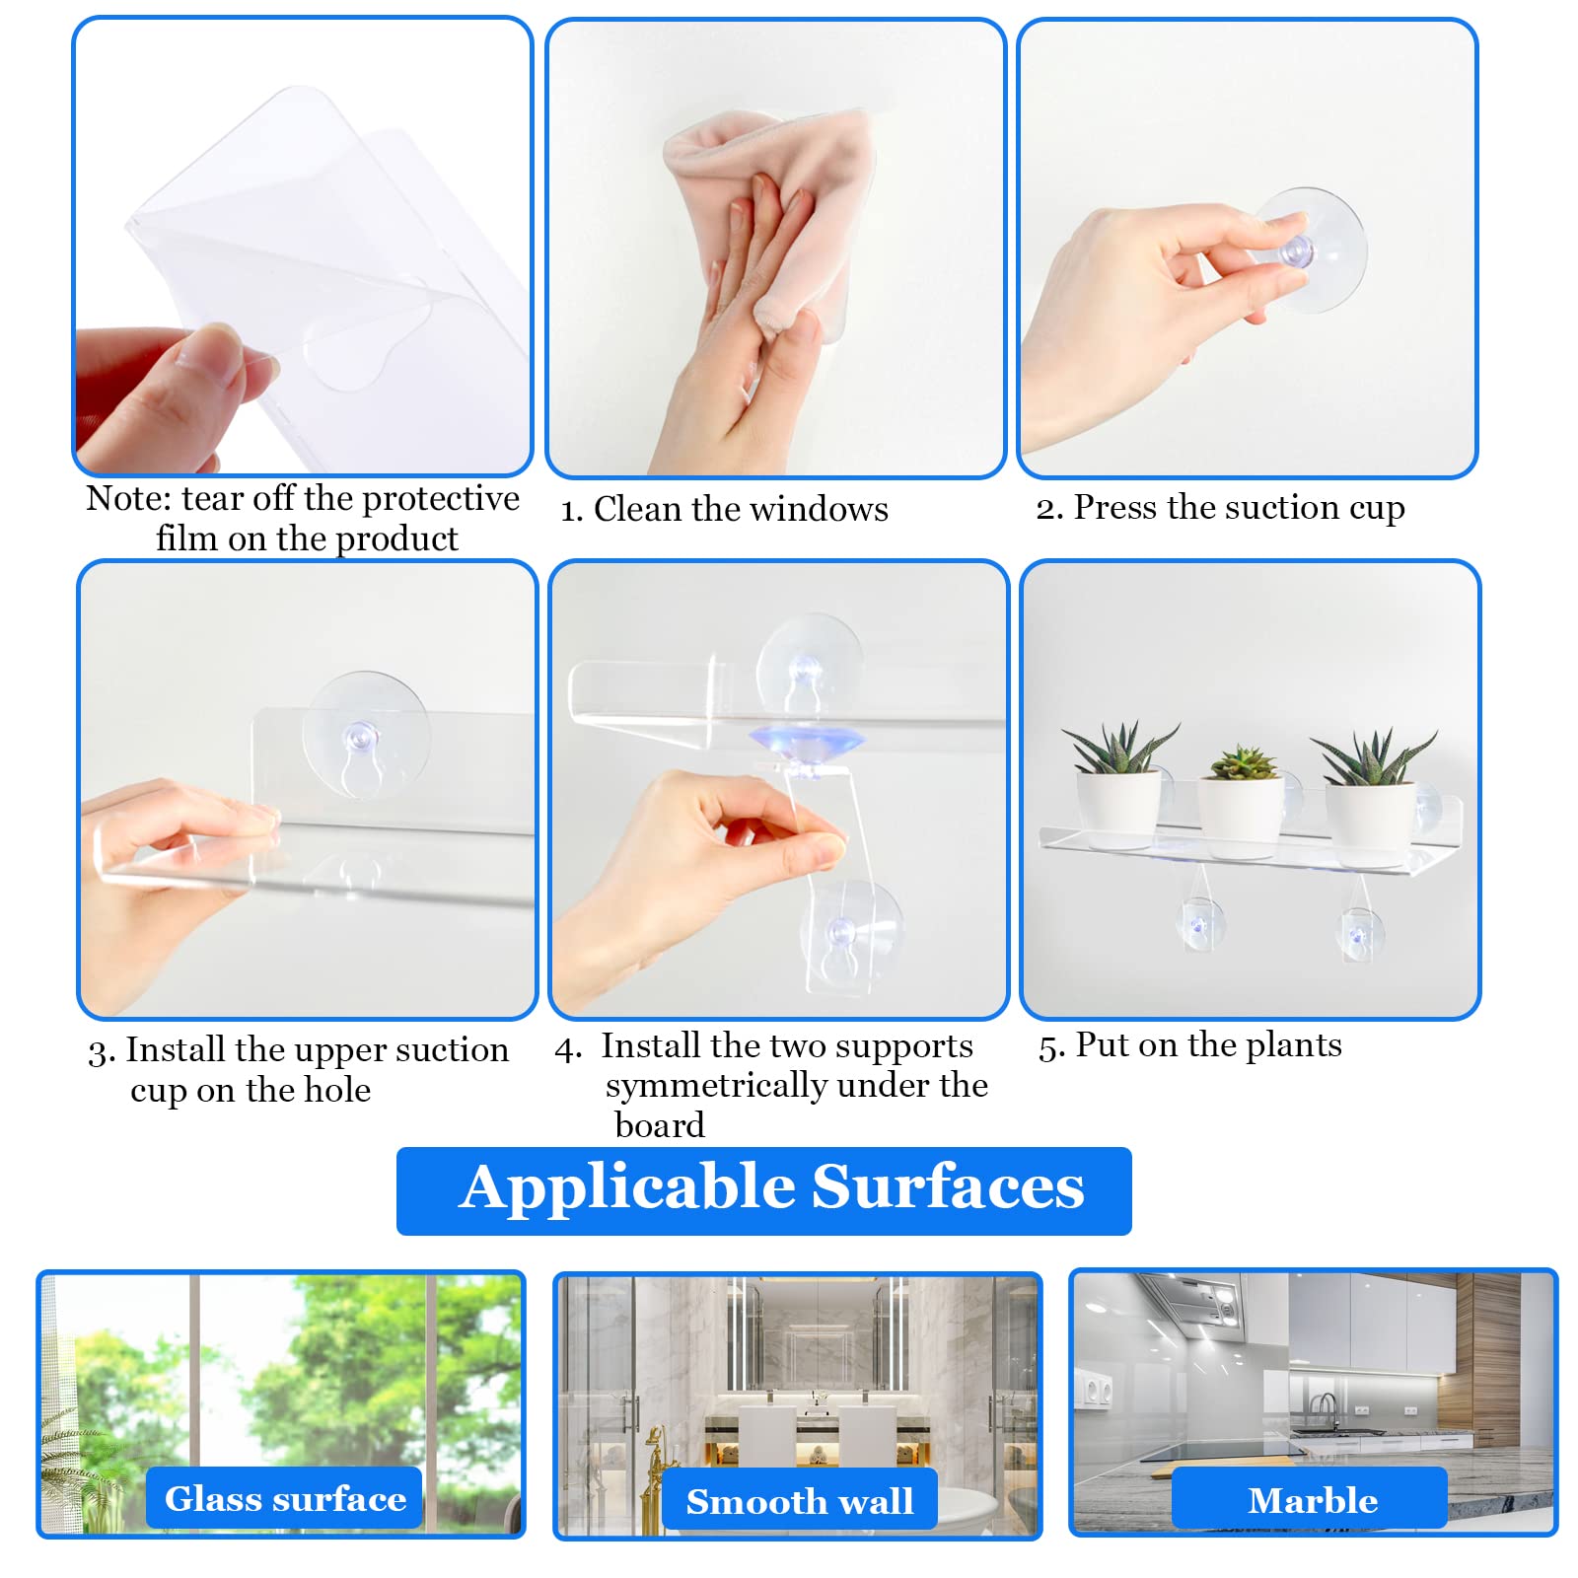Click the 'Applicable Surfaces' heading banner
click(x=763, y=1189)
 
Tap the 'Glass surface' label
click(x=284, y=1498)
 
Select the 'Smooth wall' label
click(x=799, y=1500)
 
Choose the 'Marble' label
click(x=1311, y=1499)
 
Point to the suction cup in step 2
click(x=1308, y=249)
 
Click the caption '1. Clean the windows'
click(x=725, y=509)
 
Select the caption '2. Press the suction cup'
click(x=1220, y=508)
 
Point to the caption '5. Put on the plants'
click(x=1190, y=1045)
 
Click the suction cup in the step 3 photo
click(x=365, y=735)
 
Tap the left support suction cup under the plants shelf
click(x=1199, y=925)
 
